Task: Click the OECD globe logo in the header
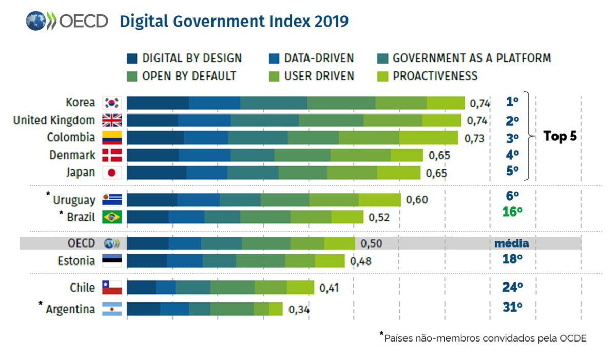pos(36,21)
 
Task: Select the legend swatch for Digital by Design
pos(132,59)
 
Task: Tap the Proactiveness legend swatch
pos(382,77)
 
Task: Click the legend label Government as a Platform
pos(472,59)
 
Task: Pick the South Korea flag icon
pos(112,103)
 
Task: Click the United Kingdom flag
pos(112,121)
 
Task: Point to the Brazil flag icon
pos(112,217)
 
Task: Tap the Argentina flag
pos(112,309)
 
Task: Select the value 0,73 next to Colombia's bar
pos(474,138)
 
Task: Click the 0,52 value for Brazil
pos(379,218)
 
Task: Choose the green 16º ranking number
pos(512,212)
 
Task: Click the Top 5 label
pos(560,136)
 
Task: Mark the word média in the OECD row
pos(511,243)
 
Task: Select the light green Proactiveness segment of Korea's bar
pos(446,103)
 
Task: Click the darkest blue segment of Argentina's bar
pos(144,309)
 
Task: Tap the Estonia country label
pos(76,261)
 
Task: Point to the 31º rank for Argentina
pos(512,307)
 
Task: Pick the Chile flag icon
pos(112,288)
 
